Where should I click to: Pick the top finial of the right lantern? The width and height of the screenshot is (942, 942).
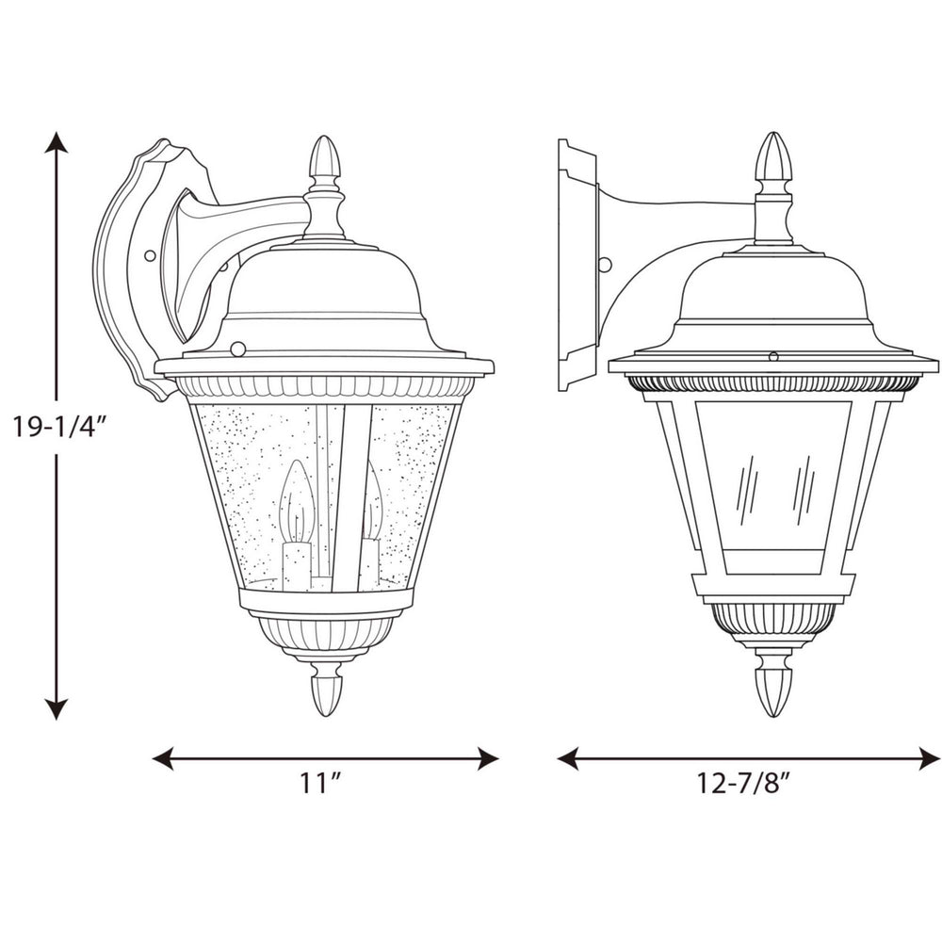pos(772,156)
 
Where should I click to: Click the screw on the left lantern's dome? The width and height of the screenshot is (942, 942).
pos(237,349)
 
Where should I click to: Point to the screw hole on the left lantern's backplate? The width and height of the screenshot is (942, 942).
pos(149,254)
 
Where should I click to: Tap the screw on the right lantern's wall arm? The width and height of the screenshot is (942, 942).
pos(605,265)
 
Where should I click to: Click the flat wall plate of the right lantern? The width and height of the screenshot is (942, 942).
pos(576,266)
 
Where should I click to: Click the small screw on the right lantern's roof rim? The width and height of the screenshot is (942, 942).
pos(773,356)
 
